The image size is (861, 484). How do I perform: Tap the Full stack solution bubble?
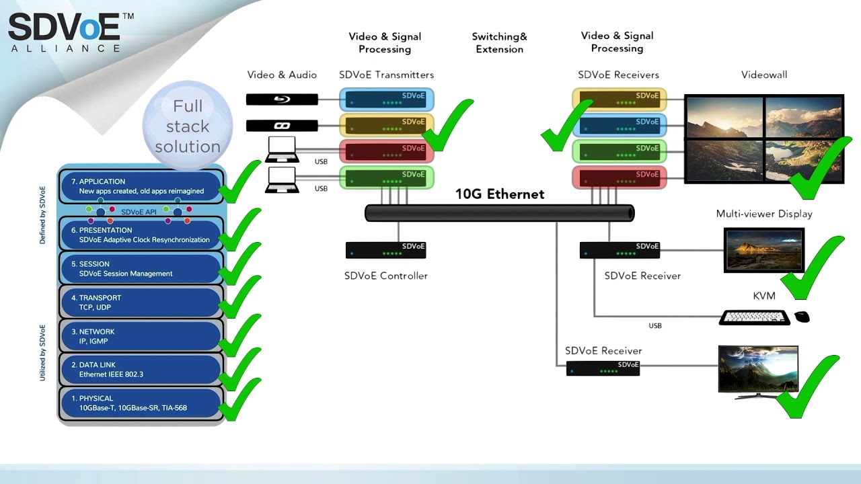click(187, 126)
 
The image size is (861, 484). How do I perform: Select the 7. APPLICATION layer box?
click(141, 186)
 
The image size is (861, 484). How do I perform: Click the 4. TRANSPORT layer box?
click(141, 302)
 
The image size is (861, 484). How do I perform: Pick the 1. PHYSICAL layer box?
click(141, 403)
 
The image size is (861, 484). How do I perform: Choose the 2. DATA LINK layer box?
click(141, 369)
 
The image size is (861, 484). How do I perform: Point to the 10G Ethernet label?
click(499, 194)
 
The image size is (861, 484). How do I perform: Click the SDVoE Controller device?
click(385, 250)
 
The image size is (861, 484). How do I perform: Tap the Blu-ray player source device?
click(282, 99)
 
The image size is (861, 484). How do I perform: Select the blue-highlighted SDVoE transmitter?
click(386, 99)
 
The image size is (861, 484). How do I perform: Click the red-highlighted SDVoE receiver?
click(620, 178)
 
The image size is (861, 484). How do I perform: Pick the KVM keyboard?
click(754, 317)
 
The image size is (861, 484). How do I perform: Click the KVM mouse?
click(802, 317)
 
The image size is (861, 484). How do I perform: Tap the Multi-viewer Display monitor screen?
click(763, 249)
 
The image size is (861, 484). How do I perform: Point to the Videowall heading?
click(763, 75)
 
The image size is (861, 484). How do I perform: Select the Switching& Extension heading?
click(499, 43)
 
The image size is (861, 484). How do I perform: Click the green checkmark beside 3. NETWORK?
click(239, 334)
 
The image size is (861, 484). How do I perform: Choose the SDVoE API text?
click(139, 212)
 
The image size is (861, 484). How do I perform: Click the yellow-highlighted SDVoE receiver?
click(620, 99)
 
